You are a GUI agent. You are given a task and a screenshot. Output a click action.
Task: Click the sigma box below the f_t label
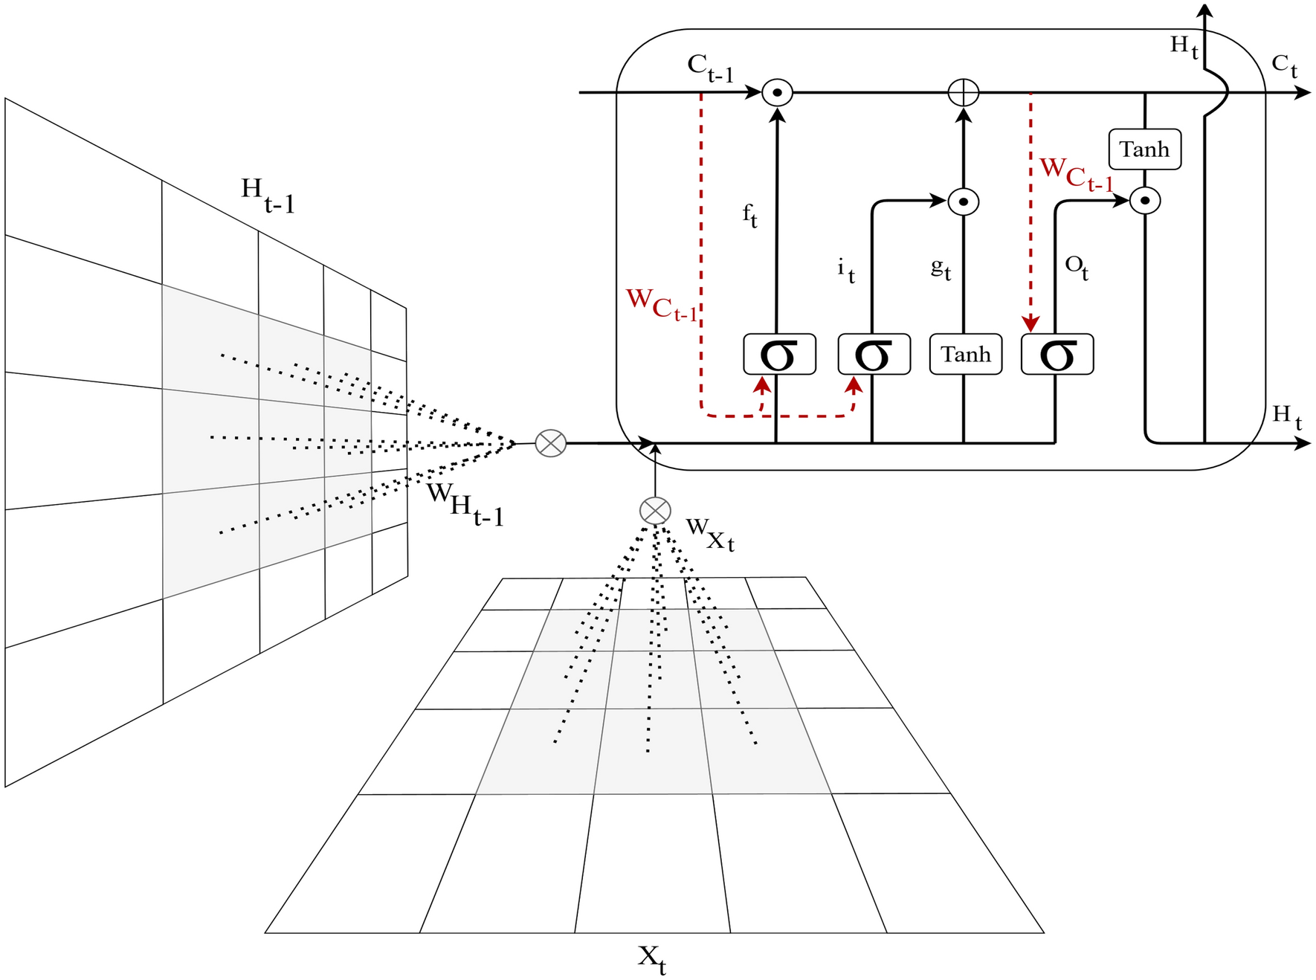[779, 355]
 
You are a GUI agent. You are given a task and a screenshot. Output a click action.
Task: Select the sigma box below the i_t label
[874, 355]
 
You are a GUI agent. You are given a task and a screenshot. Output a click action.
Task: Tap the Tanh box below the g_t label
[965, 355]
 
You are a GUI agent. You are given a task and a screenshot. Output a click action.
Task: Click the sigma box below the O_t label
[1057, 355]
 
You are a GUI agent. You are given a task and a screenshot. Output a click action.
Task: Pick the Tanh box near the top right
[1144, 149]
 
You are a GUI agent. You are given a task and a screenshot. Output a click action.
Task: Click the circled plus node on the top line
[964, 93]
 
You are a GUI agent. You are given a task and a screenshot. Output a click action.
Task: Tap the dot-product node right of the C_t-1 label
[778, 93]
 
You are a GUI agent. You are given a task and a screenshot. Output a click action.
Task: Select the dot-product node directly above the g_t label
[964, 202]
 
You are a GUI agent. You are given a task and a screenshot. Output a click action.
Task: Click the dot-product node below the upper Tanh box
[1145, 201]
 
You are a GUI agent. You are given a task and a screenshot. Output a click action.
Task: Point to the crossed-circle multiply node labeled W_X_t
[655, 511]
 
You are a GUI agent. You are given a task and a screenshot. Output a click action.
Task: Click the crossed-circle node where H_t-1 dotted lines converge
[550, 443]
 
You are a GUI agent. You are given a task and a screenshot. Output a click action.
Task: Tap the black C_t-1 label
[709, 68]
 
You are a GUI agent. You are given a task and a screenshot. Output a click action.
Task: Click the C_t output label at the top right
[1284, 65]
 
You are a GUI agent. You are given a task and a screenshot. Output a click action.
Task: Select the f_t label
[749, 216]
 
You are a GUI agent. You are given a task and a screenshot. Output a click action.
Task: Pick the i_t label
[846, 270]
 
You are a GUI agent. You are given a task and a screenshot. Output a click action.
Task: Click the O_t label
[1077, 267]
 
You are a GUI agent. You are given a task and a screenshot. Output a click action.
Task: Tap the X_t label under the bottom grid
[651, 958]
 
